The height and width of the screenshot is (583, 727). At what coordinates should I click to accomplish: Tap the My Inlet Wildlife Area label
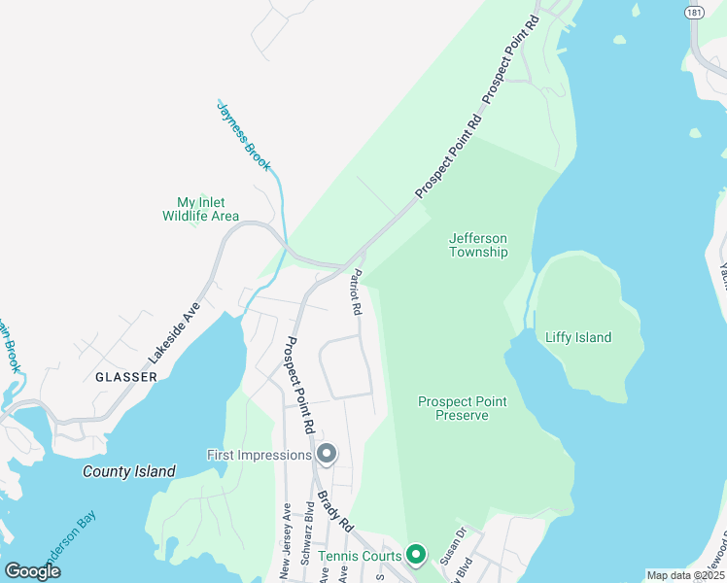tap(200, 209)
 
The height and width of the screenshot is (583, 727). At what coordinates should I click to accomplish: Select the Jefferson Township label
tap(478, 245)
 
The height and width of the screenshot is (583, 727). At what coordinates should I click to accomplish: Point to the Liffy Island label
tap(579, 337)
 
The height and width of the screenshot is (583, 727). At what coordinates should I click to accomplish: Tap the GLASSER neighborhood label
tap(126, 376)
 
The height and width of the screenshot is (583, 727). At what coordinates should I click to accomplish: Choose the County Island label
tap(129, 472)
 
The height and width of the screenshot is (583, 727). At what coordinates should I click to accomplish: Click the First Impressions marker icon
tap(328, 454)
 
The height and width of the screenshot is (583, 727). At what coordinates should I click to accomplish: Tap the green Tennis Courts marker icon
tap(416, 555)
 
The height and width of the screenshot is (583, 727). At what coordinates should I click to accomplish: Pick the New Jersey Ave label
tap(285, 542)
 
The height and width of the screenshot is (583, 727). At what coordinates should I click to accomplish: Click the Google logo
tap(33, 570)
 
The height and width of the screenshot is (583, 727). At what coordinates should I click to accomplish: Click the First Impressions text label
tap(259, 455)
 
